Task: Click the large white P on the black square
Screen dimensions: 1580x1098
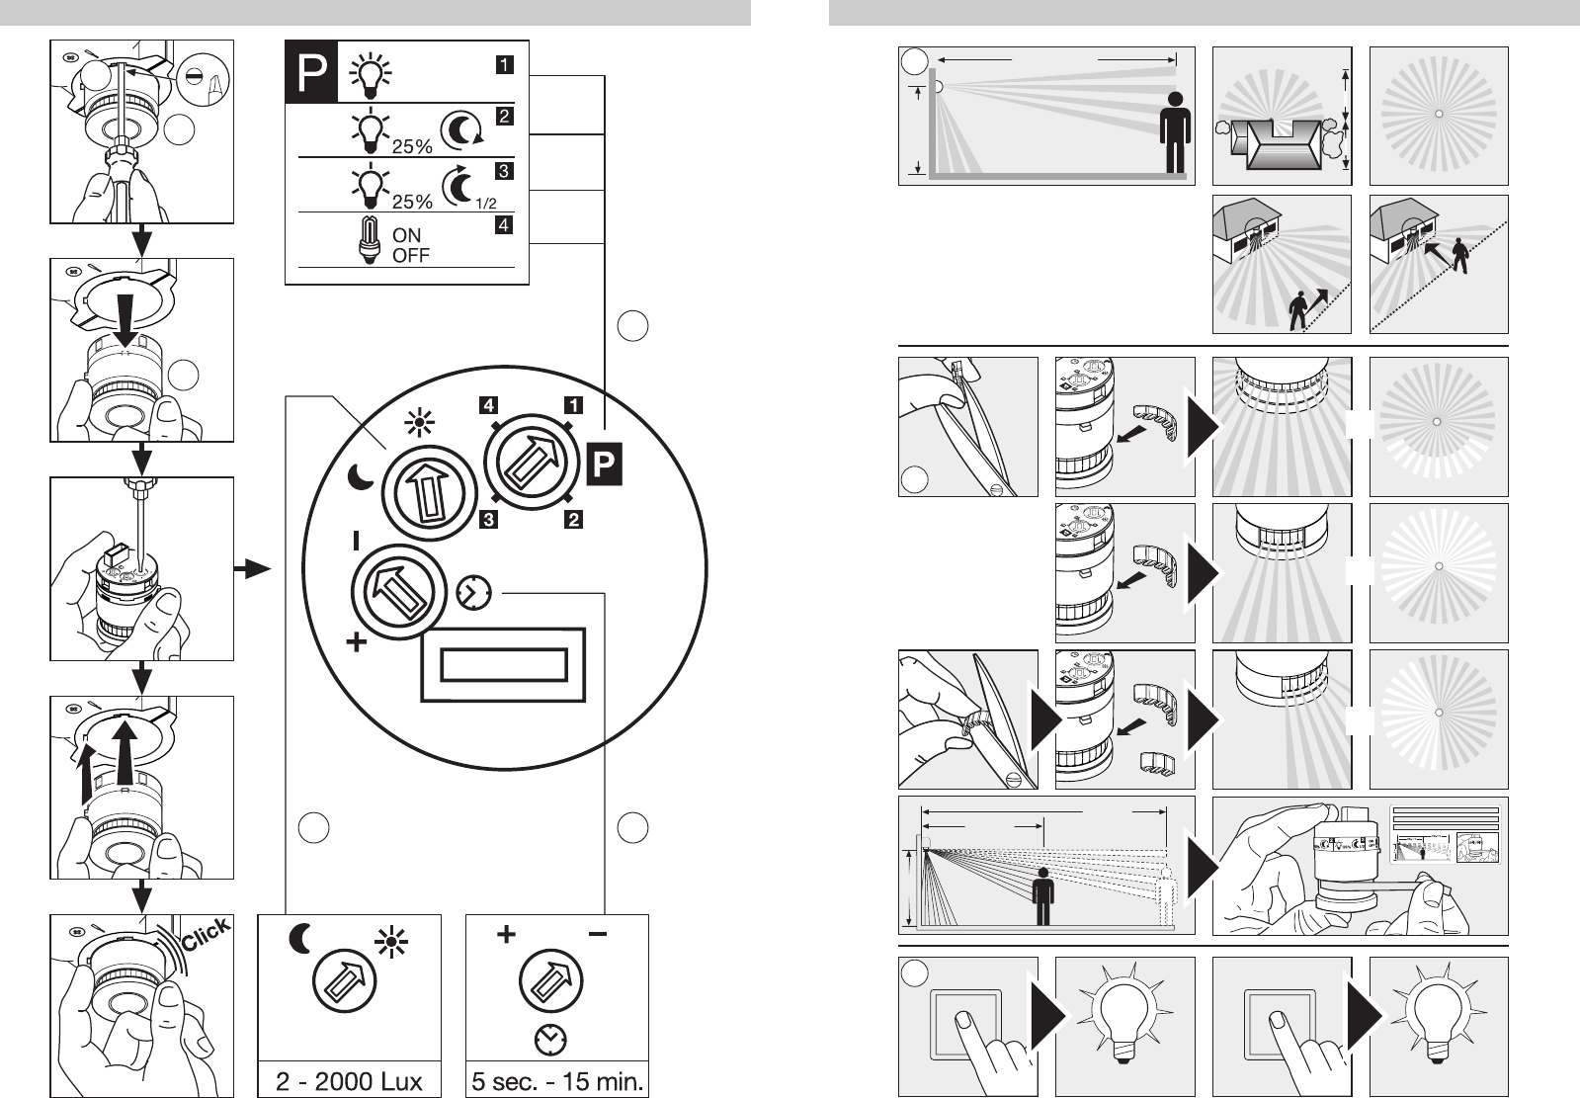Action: coord(312,72)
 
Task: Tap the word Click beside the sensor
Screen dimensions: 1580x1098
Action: coord(206,934)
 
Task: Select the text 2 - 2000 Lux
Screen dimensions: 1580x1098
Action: coord(349,1081)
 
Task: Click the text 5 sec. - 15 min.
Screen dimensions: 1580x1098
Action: coord(557,1081)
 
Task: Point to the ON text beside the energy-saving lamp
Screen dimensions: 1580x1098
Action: coord(406,235)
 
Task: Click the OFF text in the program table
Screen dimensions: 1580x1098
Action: coord(410,255)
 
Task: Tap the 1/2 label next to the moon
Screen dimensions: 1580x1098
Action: coord(486,204)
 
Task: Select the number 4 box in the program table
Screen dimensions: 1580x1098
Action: coord(504,225)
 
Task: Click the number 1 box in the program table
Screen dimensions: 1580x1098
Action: coord(504,65)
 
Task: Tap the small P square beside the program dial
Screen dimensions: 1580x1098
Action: coord(605,465)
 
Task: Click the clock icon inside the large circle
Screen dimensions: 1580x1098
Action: coord(474,593)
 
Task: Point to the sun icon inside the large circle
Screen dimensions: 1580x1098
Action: coord(419,423)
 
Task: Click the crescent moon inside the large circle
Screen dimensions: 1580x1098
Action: coord(361,477)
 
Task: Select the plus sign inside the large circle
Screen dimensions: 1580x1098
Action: coord(357,642)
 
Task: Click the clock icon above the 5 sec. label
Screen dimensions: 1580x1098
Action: coord(551,1039)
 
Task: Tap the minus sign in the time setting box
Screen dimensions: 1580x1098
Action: coord(598,934)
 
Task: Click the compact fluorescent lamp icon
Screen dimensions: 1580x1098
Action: coord(369,240)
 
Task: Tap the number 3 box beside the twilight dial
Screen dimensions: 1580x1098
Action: coord(489,520)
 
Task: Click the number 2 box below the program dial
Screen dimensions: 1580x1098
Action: coord(573,520)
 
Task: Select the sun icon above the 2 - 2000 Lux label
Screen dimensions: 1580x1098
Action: coord(391,943)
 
